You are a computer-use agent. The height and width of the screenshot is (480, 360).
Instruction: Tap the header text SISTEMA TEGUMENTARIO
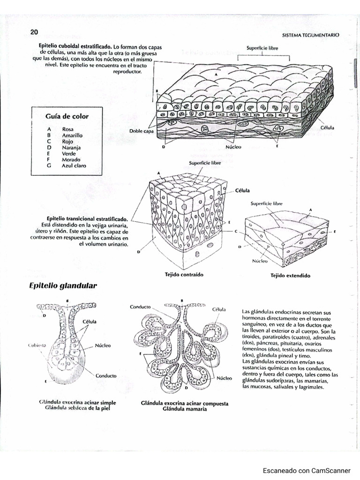point(311,35)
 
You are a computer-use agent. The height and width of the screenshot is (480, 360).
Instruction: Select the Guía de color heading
point(67,116)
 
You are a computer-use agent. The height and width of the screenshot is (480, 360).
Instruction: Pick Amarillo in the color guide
point(72,135)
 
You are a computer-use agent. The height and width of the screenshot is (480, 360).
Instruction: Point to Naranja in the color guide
point(71,147)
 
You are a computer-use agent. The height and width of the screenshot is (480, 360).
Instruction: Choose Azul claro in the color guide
point(74,165)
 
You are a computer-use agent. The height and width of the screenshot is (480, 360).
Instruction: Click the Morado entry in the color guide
point(71,159)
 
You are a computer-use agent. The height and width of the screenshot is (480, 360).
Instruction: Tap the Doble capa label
point(142,131)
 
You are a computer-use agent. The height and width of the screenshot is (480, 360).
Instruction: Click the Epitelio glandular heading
point(63,285)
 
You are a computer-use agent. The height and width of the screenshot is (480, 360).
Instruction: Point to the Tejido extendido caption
point(290,276)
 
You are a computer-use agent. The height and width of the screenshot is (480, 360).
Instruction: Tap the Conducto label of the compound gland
point(140,307)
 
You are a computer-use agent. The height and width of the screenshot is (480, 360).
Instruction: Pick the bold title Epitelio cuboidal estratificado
point(75,47)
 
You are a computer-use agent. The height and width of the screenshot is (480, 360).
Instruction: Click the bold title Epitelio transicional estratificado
point(87,219)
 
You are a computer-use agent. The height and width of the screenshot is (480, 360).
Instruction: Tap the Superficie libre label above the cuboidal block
point(262,48)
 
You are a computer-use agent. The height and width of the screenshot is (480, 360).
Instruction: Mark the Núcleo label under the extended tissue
point(260,261)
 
